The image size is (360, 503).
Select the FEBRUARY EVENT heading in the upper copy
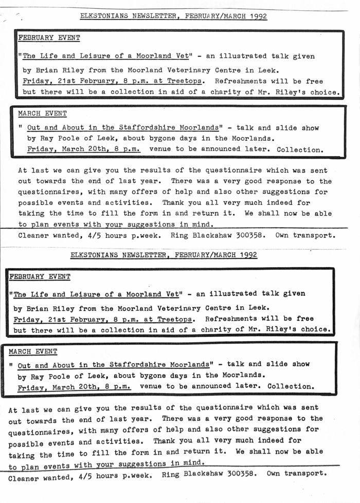pos(49,38)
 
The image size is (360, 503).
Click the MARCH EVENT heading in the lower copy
pos(33,351)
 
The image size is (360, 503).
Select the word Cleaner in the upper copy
pos(33,236)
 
